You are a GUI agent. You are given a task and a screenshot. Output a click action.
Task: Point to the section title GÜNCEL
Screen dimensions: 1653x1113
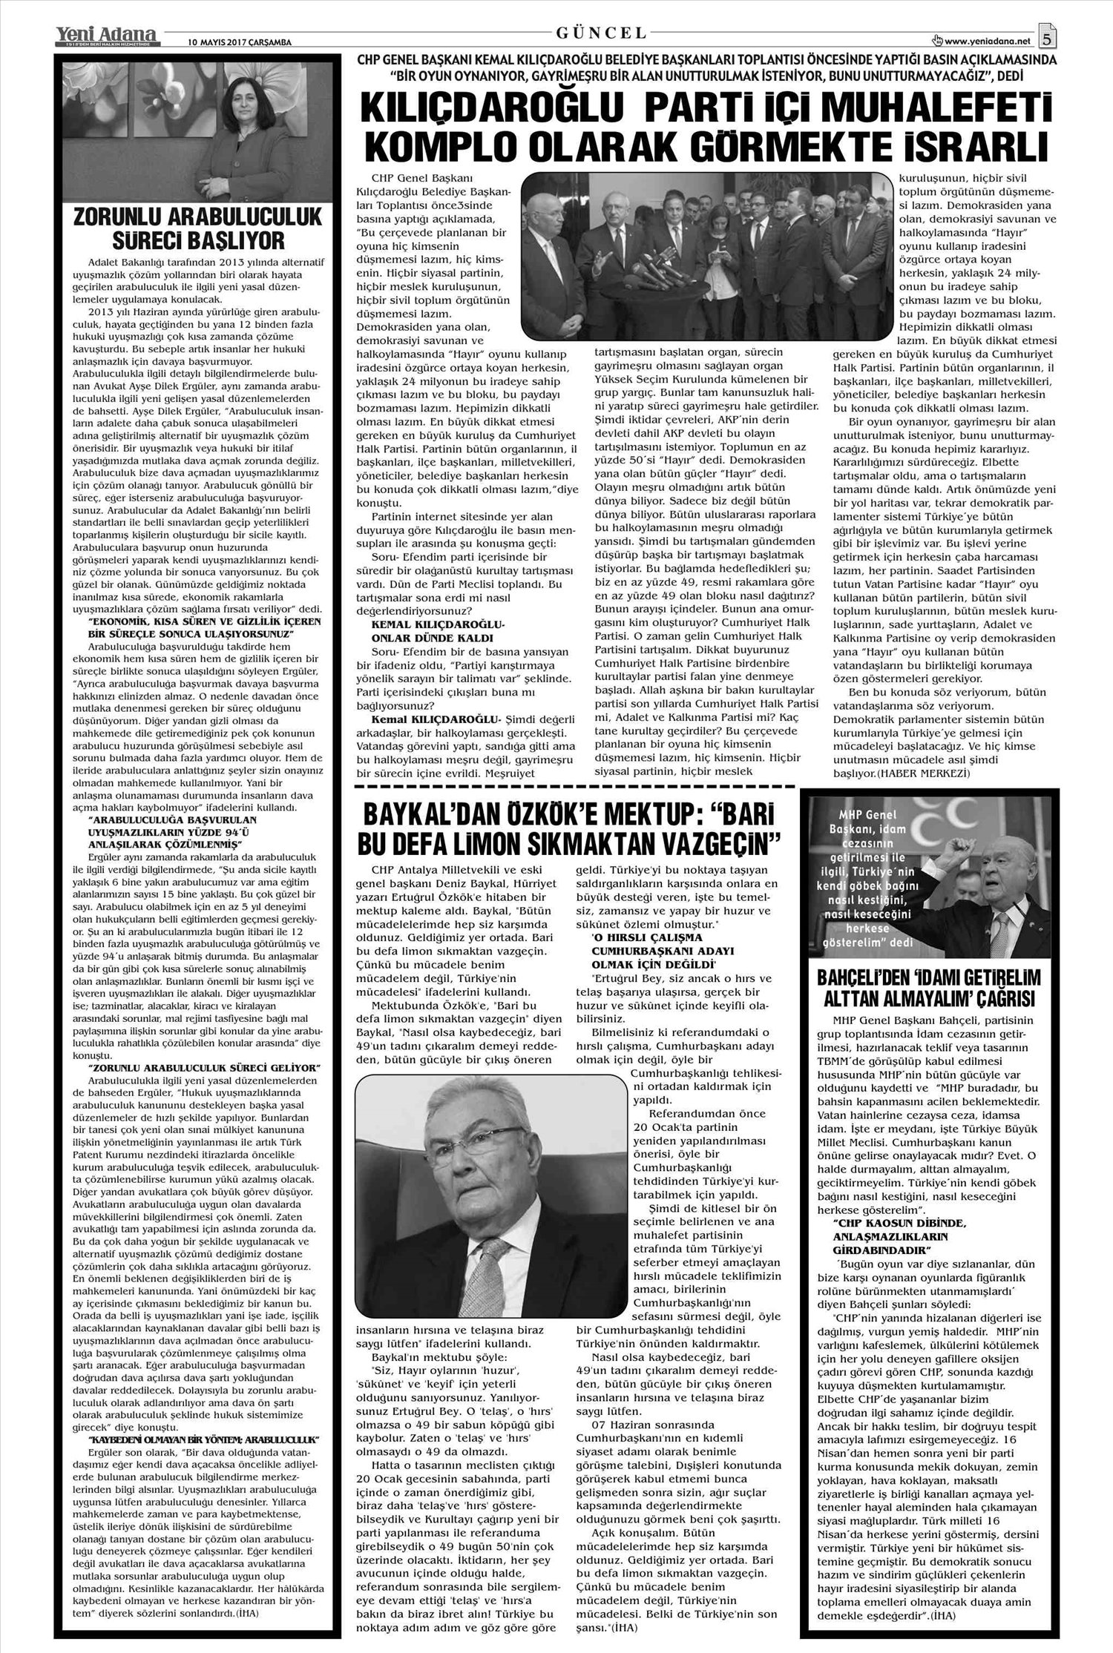click(602, 33)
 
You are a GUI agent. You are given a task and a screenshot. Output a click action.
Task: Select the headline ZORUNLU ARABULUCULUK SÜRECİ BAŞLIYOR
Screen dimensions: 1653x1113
click(199, 228)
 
